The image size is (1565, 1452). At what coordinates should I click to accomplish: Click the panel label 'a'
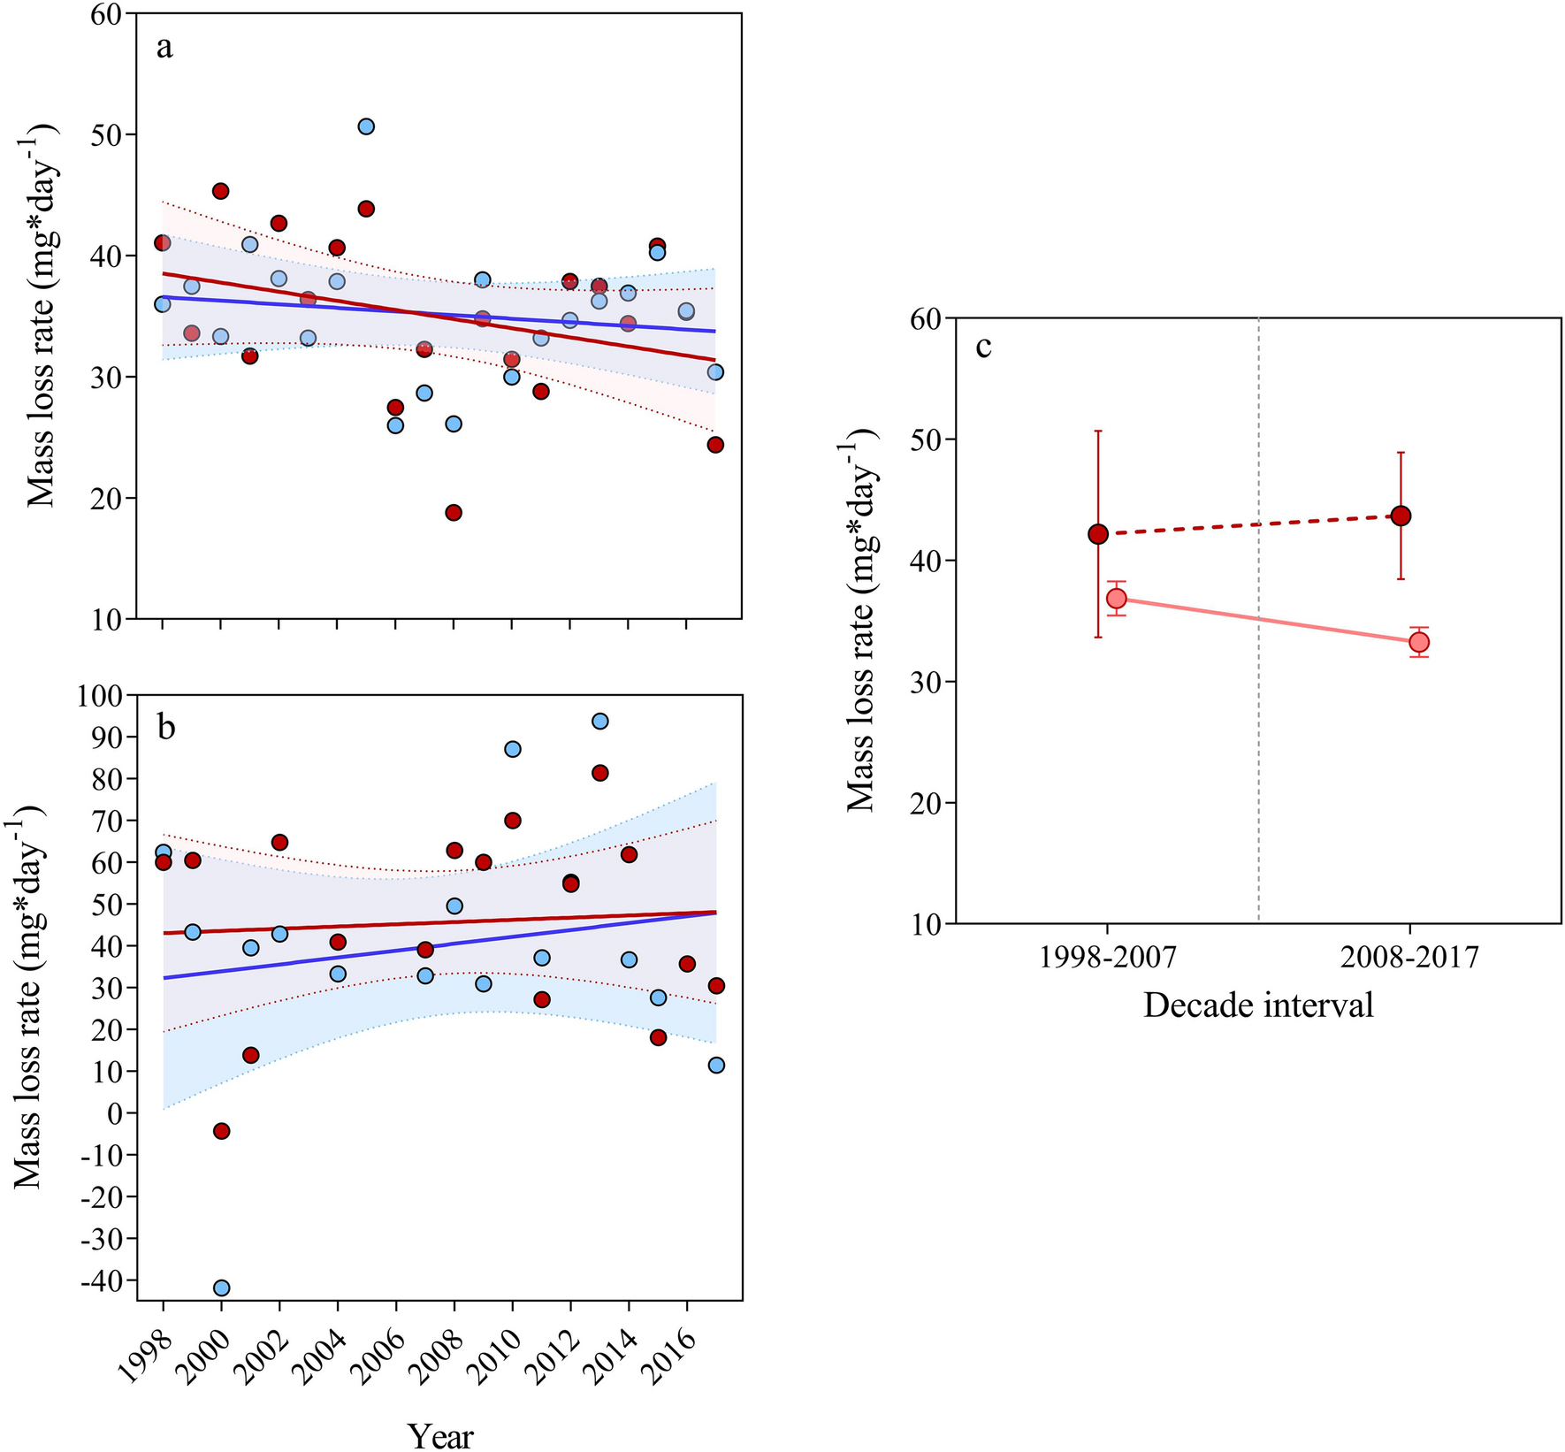pos(164,48)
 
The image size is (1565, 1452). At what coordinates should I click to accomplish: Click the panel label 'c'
pos(983,346)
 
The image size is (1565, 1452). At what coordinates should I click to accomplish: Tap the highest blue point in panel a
pos(366,126)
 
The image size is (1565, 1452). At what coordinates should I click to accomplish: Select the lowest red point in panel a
pos(454,513)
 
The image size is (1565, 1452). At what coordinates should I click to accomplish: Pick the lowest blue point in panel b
pos(222,1288)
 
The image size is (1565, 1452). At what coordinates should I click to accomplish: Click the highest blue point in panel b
pos(599,722)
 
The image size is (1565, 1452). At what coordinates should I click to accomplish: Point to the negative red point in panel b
pos(222,1131)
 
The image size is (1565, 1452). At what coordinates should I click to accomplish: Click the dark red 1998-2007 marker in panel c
pos(1098,534)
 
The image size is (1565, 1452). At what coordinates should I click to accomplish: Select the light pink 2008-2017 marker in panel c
pos(1419,642)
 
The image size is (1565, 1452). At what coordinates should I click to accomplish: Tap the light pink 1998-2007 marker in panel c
pos(1117,599)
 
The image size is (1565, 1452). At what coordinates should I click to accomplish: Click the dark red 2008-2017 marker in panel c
pos(1401,516)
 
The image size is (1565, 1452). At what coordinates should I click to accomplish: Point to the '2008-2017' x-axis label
pos(1409,958)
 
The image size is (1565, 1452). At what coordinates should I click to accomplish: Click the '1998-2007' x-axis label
pos(1107,958)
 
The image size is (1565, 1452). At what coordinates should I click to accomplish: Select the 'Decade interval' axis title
pos(1258,1005)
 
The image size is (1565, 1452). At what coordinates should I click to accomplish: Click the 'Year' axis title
pos(440,1436)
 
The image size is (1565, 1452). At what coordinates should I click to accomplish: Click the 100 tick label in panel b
pos(103,695)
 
